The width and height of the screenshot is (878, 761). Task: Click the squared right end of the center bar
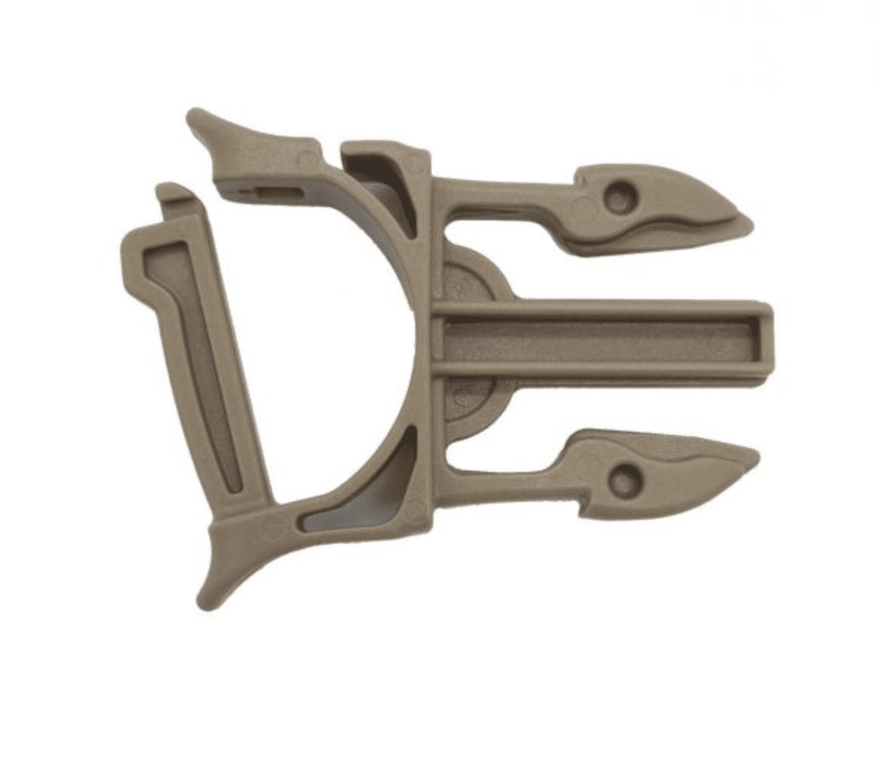[769, 340]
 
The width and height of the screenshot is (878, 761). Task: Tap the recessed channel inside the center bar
[596, 340]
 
